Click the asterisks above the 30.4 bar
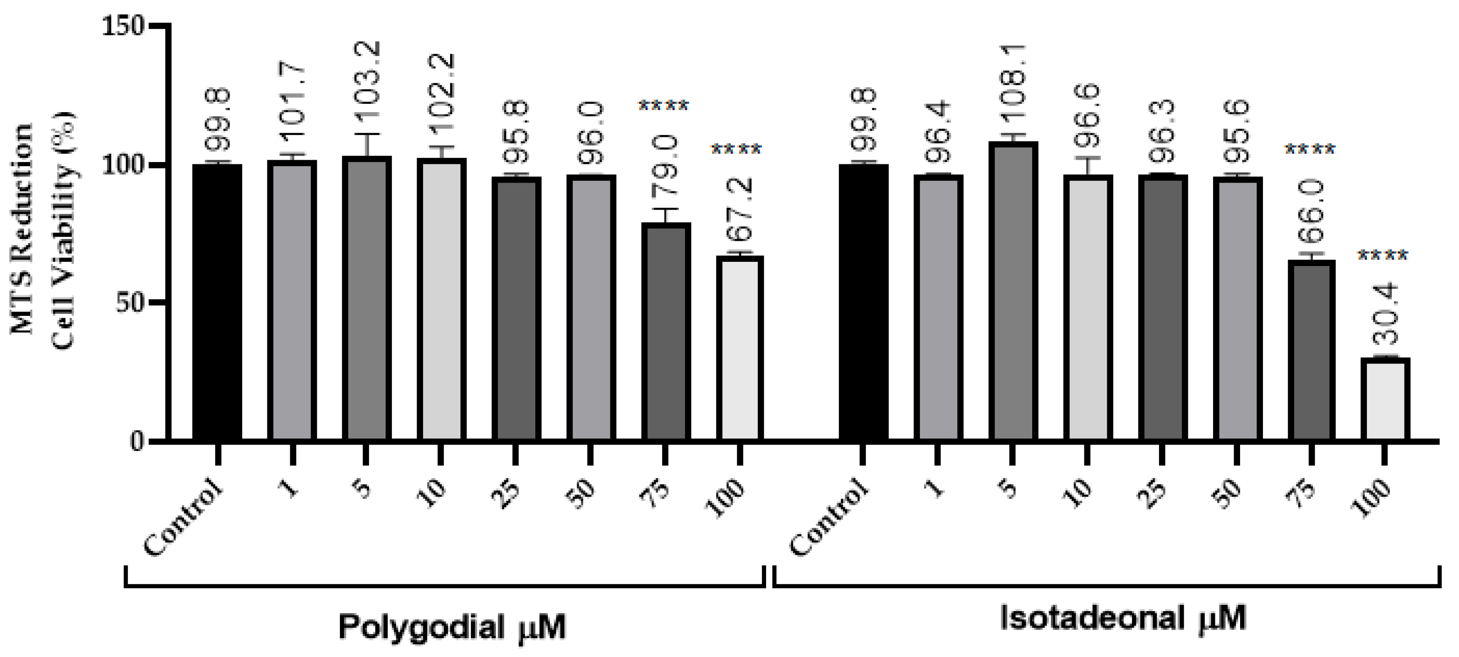[1383, 256]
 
